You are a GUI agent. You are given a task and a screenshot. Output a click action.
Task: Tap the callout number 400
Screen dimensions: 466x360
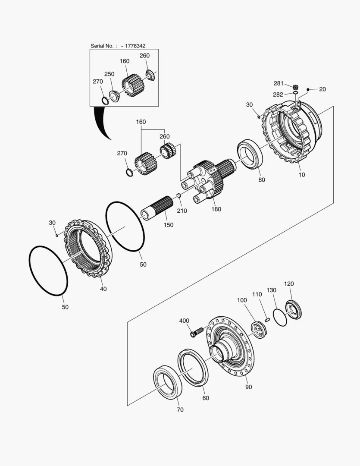pos(184,321)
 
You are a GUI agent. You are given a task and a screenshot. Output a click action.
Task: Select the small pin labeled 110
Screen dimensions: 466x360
pos(267,320)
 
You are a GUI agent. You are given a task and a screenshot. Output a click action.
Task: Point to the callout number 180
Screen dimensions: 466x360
pos(216,209)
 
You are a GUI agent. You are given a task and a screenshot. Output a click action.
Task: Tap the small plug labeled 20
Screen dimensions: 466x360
pos(308,89)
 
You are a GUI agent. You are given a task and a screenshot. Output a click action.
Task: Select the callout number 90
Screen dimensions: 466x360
pos(248,387)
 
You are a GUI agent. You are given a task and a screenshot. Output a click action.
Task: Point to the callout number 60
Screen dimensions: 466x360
pos(206,398)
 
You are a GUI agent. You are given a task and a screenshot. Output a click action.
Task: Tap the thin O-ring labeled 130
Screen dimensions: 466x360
pos(280,317)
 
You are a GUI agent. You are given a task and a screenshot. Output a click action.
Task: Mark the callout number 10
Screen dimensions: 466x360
pos(301,174)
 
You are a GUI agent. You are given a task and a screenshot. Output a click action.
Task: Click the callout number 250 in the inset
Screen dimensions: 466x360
pos(109,74)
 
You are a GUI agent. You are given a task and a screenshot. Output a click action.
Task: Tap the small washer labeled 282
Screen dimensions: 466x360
pos(295,93)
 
